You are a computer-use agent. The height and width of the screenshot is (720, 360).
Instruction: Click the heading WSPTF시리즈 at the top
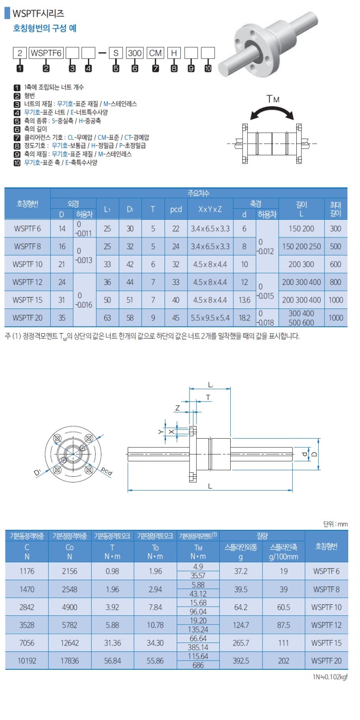[x=38, y=13]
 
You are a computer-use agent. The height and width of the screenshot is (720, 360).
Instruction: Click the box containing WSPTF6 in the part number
[x=46, y=53]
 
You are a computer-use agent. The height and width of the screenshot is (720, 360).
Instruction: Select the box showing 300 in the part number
[x=134, y=53]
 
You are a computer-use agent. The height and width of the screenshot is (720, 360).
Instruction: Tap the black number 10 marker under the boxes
[x=208, y=69]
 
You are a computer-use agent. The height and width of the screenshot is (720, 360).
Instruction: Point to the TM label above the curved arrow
[x=273, y=99]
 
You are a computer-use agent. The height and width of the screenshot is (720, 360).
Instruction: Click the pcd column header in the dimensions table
[x=176, y=209]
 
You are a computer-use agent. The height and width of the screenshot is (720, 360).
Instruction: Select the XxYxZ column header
[x=210, y=209]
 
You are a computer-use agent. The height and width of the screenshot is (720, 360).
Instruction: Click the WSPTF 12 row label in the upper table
[x=27, y=282]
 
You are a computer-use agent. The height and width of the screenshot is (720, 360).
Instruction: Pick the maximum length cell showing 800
[x=335, y=282]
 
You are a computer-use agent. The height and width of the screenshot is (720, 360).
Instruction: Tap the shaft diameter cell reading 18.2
[x=244, y=318]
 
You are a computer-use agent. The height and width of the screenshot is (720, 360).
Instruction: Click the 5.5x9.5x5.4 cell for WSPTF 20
[x=210, y=318]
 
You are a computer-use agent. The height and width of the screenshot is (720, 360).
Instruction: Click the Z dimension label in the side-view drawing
[x=177, y=408]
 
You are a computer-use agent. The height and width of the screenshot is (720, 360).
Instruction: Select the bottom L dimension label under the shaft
[x=210, y=486]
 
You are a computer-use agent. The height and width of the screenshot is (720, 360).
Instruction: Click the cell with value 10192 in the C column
[x=27, y=661]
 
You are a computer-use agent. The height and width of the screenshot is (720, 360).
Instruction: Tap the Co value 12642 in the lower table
[x=69, y=643]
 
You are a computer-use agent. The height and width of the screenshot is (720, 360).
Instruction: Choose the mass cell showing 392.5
[x=241, y=661]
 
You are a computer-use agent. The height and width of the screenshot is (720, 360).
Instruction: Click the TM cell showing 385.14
[x=198, y=647]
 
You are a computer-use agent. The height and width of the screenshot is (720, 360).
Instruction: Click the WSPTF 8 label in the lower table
[x=326, y=589]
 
